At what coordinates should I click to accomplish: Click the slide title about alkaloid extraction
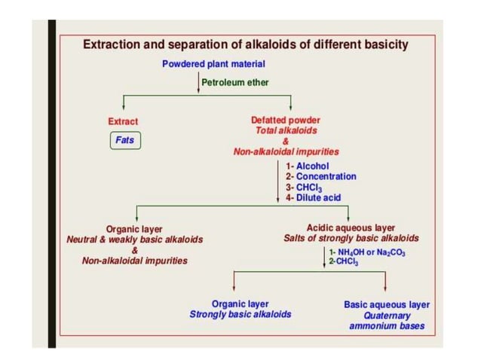(x=245, y=44)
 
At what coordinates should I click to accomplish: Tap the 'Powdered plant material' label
(x=211, y=64)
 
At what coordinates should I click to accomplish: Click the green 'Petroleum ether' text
(x=235, y=81)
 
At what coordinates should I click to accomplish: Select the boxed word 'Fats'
(x=124, y=139)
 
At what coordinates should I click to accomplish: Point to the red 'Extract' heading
(x=124, y=121)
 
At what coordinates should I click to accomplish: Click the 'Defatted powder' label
(x=286, y=120)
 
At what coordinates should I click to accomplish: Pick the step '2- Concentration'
(x=320, y=176)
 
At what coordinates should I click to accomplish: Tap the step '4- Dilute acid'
(x=313, y=197)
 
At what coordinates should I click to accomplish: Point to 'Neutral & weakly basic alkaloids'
(x=134, y=239)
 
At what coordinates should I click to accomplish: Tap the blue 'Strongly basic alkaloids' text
(x=240, y=314)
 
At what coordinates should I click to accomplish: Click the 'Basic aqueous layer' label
(x=386, y=305)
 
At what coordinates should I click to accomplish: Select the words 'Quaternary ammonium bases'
(x=386, y=321)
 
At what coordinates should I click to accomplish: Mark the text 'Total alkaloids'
(x=286, y=130)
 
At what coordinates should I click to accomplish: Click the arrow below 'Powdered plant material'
(x=198, y=81)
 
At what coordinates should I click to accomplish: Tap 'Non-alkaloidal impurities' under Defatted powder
(x=286, y=151)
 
